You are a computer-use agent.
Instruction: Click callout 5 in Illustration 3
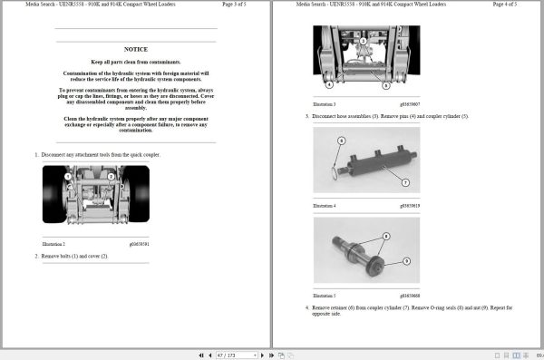pyautogui.click(x=385, y=85)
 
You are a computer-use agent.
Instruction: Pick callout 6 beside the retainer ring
pyautogui.click(x=342, y=141)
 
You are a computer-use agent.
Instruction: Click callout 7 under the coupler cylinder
pyautogui.click(x=405, y=182)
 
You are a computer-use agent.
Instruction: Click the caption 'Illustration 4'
pyautogui.click(x=325, y=206)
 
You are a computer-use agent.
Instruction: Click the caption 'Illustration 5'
pyautogui.click(x=325, y=296)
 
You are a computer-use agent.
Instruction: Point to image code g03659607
pyautogui.click(x=412, y=104)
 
